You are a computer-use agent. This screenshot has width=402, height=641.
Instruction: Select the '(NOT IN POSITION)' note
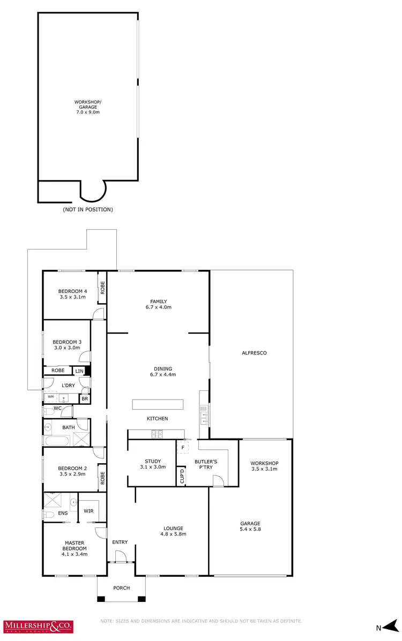[x=88, y=209]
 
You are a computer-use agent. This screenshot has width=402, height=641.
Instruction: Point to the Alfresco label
[x=254, y=353]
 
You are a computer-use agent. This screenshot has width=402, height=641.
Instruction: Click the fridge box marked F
[x=183, y=447]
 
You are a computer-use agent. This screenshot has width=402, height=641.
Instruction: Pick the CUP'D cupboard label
[x=182, y=477]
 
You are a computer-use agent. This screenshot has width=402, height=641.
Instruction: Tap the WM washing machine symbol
[x=51, y=397]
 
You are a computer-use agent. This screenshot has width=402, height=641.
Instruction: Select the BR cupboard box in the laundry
[x=85, y=398]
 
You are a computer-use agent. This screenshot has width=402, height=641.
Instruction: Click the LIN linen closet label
[x=80, y=371]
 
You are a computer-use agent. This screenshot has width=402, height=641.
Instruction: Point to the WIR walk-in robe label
[x=88, y=511]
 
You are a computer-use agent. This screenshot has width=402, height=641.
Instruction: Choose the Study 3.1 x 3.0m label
[x=153, y=464]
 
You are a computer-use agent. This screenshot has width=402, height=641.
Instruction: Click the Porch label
[x=121, y=588]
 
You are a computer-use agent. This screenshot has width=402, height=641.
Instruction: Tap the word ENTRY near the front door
[x=120, y=542]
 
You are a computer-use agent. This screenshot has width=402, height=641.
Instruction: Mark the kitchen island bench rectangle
[x=158, y=404]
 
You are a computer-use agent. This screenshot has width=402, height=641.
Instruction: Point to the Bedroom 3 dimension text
[x=66, y=348]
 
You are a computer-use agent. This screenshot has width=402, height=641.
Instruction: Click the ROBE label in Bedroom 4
[x=102, y=289]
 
